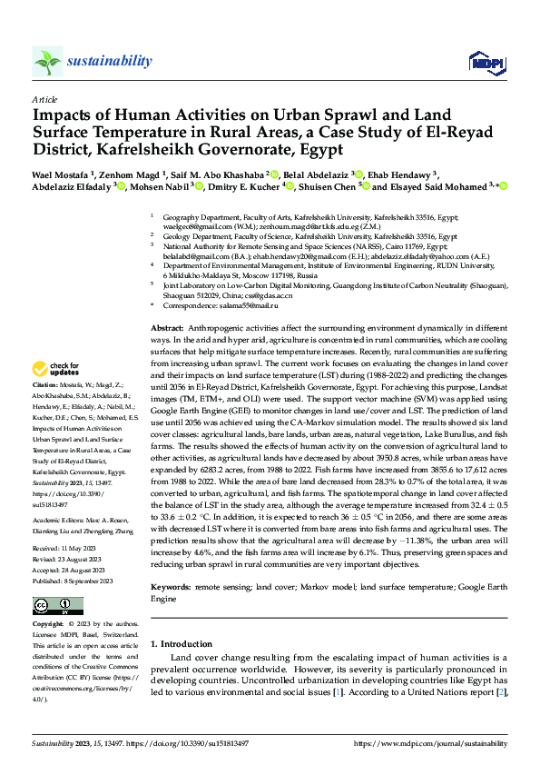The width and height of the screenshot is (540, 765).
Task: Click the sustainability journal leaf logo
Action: pyautogui.click(x=47, y=62)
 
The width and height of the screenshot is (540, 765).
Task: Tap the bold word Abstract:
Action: pyautogui.click(x=168, y=326)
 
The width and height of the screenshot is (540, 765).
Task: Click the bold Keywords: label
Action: pyautogui.click(x=172, y=589)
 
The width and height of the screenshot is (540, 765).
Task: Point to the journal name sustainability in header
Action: pyautogui.click(x=109, y=60)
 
